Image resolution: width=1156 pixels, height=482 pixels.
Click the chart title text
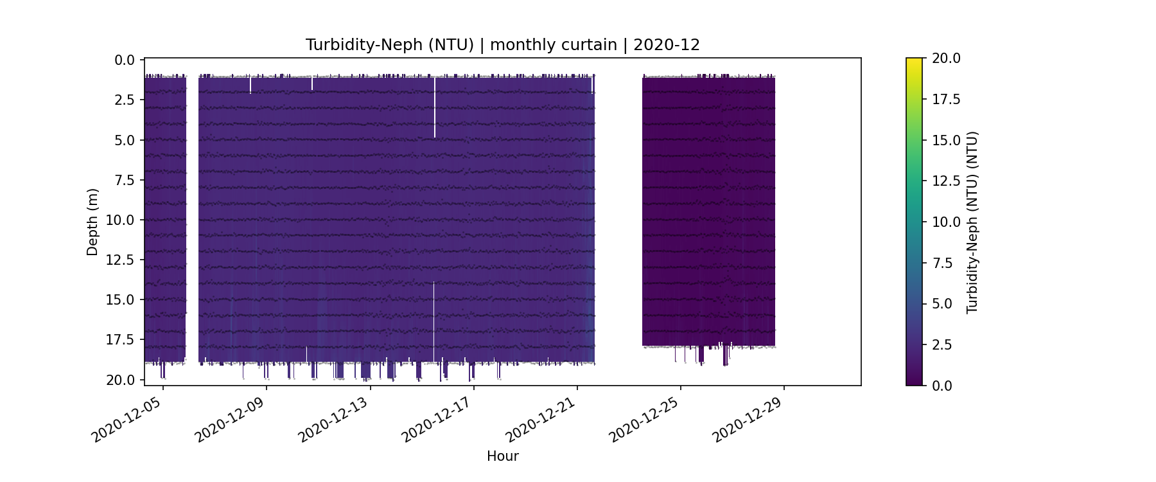click(502, 45)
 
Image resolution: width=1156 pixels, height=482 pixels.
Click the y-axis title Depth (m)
click(92, 222)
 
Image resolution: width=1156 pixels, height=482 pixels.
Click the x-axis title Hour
click(502, 456)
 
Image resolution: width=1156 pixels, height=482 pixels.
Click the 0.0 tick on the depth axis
click(125, 60)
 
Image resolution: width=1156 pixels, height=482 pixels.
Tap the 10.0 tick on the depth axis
click(121, 220)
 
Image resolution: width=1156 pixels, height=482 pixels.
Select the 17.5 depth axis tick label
click(121, 340)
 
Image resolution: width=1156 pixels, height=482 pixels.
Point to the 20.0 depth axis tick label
click(121, 380)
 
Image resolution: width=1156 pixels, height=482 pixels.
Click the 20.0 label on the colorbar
click(946, 58)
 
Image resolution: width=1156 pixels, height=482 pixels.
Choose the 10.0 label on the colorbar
click(946, 222)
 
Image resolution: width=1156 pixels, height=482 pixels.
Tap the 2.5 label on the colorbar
click(943, 345)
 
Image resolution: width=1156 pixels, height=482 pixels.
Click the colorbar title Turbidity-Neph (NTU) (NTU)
click(972, 222)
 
